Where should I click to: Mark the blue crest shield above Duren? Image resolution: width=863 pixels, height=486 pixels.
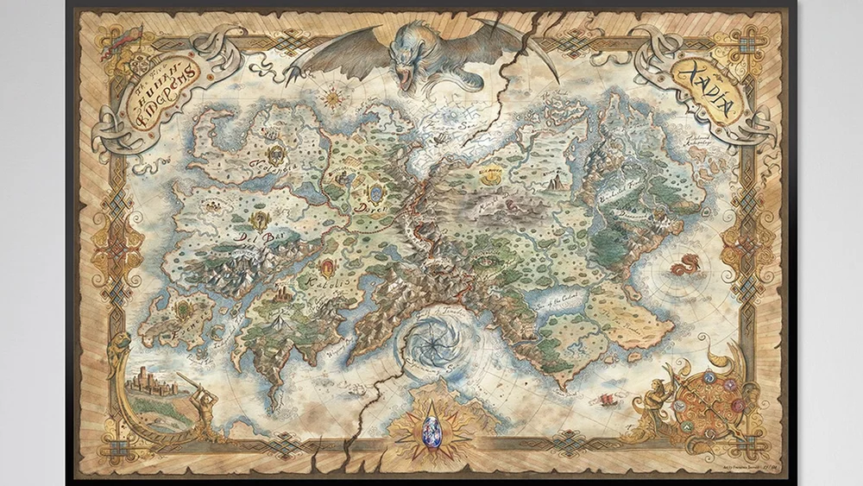[x=375, y=188]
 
